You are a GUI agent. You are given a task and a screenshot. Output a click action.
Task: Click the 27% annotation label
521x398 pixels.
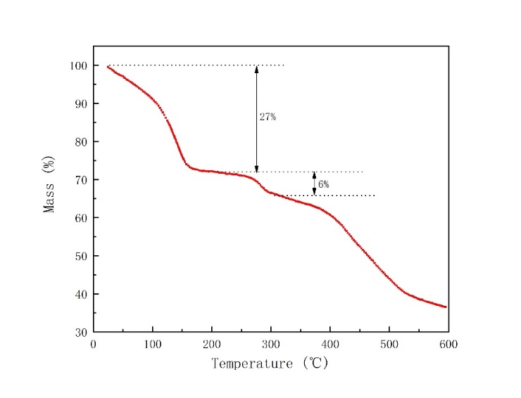pyautogui.click(x=268, y=117)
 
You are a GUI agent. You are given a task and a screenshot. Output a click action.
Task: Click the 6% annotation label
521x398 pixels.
pyautogui.click(x=323, y=184)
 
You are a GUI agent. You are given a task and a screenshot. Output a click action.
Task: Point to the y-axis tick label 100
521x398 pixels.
pyautogui.click(x=78, y=65)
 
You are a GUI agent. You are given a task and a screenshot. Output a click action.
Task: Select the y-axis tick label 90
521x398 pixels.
pyautogui.click(x=81, y=103)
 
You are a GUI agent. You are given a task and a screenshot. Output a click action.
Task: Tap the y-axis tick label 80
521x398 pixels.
pyautogui.click(x=81, y=141)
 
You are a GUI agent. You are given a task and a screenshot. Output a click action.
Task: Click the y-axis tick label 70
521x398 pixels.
pyautogui.click(x=81, y=180)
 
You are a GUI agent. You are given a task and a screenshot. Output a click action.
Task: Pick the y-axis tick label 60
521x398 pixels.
pyautogui.click(x=81, y=218)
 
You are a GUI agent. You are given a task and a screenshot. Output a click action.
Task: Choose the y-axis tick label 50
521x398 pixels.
pyautogui.click(x=81, y=256)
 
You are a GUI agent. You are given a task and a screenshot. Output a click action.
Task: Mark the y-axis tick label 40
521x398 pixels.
pyautogui.click(x=81, y=294)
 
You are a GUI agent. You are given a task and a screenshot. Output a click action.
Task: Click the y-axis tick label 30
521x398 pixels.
pyautogui.click(x=81, y=332)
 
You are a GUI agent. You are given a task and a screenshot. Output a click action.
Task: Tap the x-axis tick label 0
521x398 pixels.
pyautogui.click(x=94, y=344)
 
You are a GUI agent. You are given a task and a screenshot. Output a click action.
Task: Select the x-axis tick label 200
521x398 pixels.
pyautogui.click(x=212, y=344)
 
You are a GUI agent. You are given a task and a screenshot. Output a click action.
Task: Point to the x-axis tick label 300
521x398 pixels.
pyautogui.click(x=271, y=344)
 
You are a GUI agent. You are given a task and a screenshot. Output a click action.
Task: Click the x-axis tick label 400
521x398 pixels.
pyautogui.click(x=330, y=344)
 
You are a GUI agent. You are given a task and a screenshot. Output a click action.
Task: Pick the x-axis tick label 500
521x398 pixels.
pyautogui.click(x=389, y=344)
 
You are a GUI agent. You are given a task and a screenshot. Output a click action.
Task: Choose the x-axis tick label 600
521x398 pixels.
pyautogui.click(x=448, y=344)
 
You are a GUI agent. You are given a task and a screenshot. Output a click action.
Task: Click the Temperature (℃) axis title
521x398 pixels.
pyautogui.click(x=270, y=364)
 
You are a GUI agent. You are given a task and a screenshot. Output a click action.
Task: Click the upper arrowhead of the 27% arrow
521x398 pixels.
pyautogui.click(x=256, y=69)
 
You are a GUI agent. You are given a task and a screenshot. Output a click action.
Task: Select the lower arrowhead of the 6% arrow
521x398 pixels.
pyautogui.click(x=314, y=192)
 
